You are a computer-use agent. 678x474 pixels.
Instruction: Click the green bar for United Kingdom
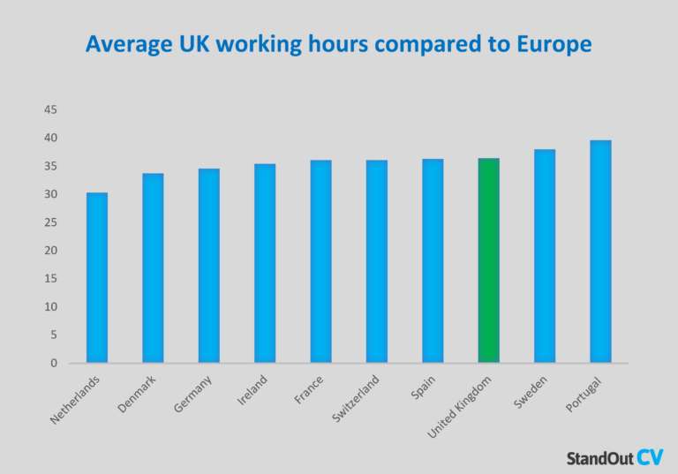tap(488, 260)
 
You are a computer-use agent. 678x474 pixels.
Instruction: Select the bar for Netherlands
tap(97, 277)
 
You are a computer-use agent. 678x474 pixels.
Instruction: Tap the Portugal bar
tap(600, 252)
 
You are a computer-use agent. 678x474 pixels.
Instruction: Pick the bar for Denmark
tap(153, 267)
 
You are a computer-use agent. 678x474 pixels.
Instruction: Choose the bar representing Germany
tap(208, 265)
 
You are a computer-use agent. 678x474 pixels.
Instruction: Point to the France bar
tap(320, 261)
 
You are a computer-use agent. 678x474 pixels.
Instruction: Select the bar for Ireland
tap(265, 263)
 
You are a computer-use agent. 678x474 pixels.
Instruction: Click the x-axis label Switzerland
tap(357, 398)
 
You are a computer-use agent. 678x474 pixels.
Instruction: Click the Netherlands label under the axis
tap(76, 400)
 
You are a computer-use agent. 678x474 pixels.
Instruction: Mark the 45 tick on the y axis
tap(50, 109)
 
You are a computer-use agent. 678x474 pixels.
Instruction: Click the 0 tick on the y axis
tap(54, 363)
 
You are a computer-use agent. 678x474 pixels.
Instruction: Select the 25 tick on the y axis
tap(50, 222)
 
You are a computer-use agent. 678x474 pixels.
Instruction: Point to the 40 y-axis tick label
tap(50, 138)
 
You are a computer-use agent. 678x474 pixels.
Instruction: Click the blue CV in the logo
tap(651, 456)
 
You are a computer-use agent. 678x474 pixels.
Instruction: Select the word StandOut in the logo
tap(599, 458)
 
